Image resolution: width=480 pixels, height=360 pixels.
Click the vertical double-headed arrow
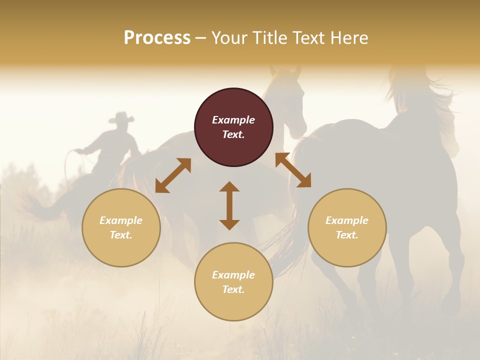[229, 205]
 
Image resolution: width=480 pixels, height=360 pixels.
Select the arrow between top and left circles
[173, 175]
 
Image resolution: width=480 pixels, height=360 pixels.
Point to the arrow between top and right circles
[293, 170]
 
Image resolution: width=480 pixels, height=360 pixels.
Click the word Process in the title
[157, 38]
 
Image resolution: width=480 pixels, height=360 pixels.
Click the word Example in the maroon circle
[233, 120]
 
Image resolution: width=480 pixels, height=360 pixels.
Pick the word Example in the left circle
[121, 220]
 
